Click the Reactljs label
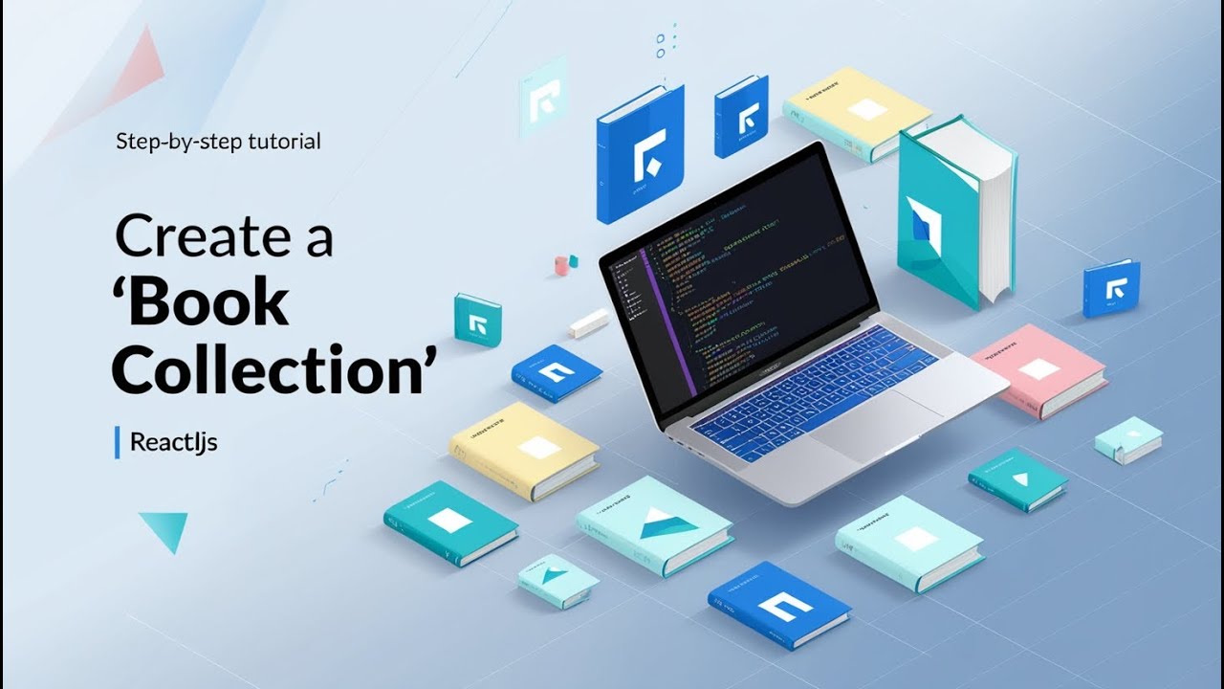pos(173,443)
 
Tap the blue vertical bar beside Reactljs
pos(118,442)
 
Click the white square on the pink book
pos(1038,367)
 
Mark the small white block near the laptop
pos(588,322)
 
